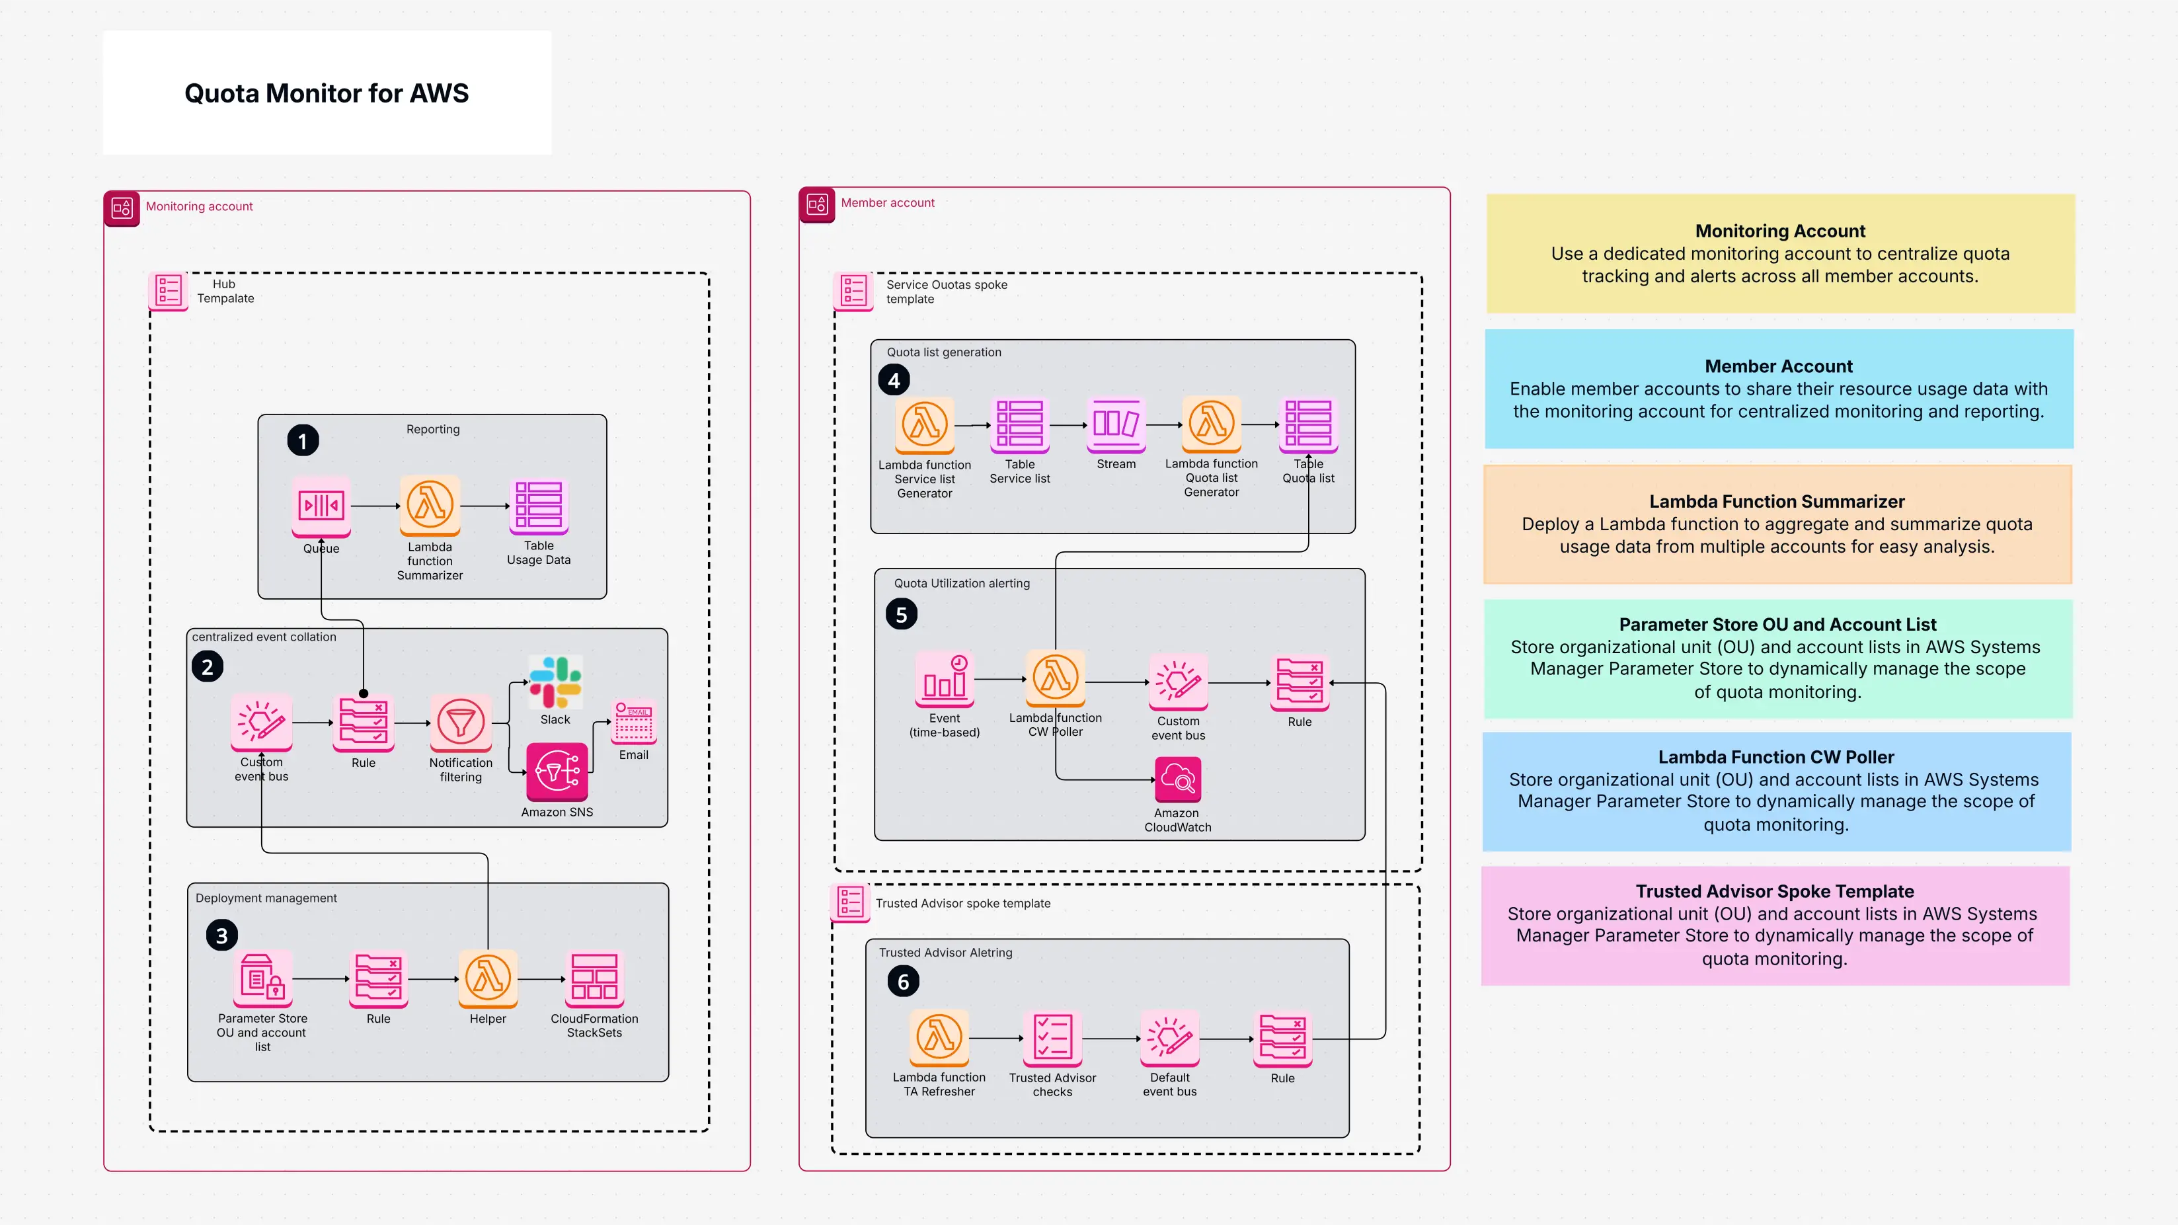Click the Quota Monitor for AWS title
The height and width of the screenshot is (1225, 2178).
(327, 93)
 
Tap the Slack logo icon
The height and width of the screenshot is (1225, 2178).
(555, 682)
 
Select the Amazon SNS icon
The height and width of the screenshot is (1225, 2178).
(557, 771)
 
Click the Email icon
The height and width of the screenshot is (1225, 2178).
(634, 723)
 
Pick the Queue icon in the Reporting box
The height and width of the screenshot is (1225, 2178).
(321, 506)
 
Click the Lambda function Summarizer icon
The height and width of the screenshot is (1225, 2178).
(430, 504)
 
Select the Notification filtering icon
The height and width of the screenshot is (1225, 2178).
(461, 723)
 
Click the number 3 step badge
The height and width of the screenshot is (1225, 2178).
(221, 935)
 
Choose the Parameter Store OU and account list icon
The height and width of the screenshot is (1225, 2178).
(262, 978)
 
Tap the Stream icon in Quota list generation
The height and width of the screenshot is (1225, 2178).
(1116, 424)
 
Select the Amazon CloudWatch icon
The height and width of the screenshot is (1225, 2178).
(1178, 779)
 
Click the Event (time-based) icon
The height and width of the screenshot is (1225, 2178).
(945, 679)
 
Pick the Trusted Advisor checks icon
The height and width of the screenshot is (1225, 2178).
(1052, 1037)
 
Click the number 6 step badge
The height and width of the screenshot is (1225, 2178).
(903, 982)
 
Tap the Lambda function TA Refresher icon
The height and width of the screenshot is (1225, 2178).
(939, 1037)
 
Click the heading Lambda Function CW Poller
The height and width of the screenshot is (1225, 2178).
(1775, 757)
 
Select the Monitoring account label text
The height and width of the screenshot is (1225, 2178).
(199, 206)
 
